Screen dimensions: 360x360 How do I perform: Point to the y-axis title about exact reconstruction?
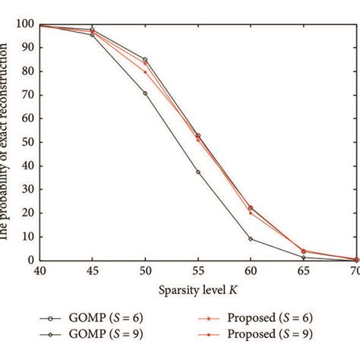click(x=7, y=141)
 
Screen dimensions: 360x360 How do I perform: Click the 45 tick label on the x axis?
click(x=92, y=270)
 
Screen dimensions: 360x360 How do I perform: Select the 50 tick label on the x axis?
click(x=145, y=270)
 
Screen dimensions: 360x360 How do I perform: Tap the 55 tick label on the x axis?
click(x=198, y=270)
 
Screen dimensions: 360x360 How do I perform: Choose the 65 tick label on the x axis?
click(x=304, y=270)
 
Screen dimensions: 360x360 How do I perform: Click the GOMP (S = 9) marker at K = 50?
click(x=145, y=93)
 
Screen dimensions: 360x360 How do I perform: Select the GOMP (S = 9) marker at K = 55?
click(x=198, y=172)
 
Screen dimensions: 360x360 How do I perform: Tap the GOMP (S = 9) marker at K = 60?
click(x=251, y=238)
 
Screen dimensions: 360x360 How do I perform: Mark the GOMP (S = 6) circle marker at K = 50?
click(x=145, y=59)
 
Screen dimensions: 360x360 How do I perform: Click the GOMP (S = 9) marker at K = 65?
click(x=304, y=257)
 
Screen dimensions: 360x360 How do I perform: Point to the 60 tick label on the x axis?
click(x=251, y=270)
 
